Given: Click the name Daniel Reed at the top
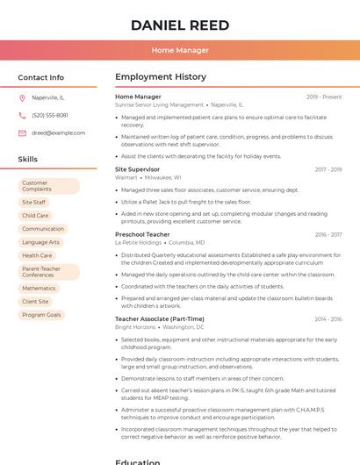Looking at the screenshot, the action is point(180,25).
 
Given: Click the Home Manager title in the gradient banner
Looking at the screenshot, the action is point(180,50).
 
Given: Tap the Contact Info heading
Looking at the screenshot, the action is point(41,77).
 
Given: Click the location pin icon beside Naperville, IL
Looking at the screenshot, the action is point(22,97).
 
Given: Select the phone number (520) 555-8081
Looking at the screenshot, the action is point(50,115).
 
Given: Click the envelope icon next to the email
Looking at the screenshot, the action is point(22,132).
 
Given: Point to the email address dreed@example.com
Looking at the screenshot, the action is point(59,132).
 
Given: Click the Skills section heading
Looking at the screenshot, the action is point(28,160).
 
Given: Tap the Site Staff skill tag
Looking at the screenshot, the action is point(34,202).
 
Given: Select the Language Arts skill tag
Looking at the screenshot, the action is point(41,242).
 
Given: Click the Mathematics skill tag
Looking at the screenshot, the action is point(39,288).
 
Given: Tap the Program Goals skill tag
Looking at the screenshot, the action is point(41,315).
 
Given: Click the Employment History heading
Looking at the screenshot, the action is point(161,77).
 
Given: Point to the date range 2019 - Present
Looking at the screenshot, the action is point(324,97).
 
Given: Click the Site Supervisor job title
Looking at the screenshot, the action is point(137,169).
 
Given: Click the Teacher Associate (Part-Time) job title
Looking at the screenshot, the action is point(160,319).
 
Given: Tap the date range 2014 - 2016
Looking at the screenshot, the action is point(328,319).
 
